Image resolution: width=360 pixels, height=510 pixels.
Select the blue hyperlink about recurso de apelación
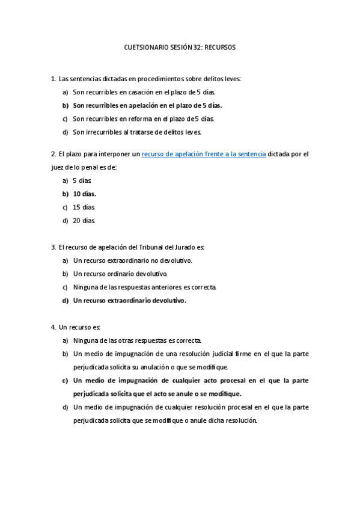204,154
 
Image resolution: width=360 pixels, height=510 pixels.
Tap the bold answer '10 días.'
85,194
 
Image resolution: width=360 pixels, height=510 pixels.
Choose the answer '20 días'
84,220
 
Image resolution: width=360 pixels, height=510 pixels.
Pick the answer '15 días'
84,207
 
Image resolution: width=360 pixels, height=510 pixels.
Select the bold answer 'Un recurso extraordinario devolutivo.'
130,300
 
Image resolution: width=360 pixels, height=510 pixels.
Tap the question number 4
53,327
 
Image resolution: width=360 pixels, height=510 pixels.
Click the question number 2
53,154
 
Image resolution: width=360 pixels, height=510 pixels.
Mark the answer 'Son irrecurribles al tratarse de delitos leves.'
137,132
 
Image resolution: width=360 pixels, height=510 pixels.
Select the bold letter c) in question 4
65,380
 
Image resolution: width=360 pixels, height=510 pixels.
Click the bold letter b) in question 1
65,105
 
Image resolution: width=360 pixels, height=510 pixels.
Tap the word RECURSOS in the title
220,46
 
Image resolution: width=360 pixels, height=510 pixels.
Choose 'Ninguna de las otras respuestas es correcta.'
137,340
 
